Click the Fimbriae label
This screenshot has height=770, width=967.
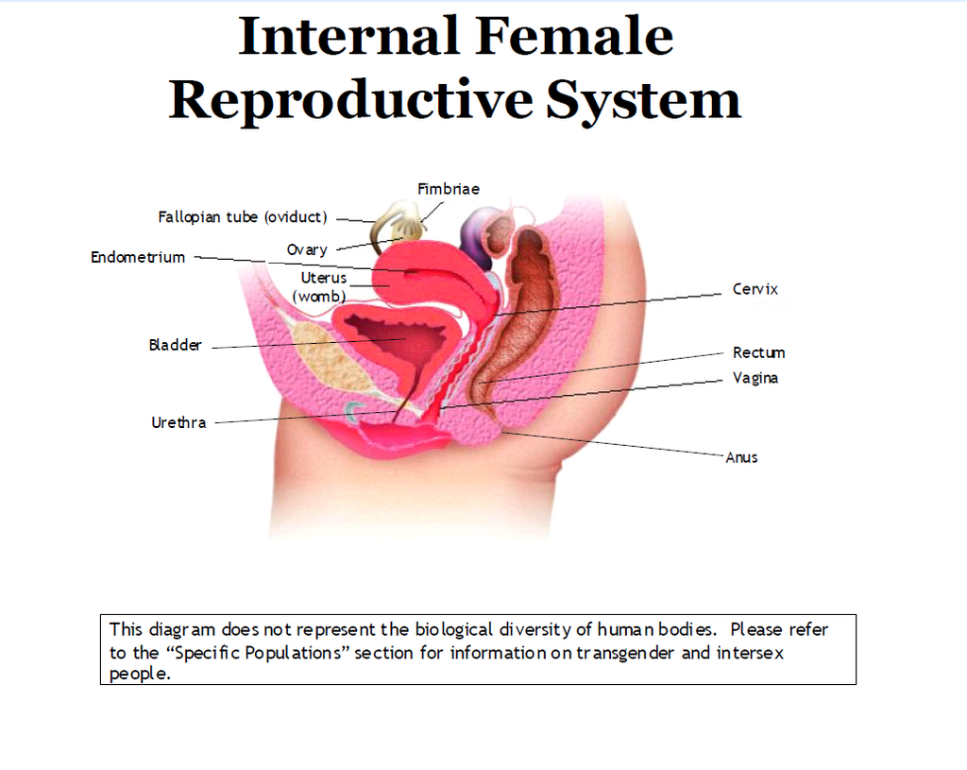pos(449,189)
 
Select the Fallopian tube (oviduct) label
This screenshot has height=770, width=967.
pos(243,217)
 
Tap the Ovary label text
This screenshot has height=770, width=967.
pos(307,249)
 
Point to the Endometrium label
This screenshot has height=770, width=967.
pos(138,257)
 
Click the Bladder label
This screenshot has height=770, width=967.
pos(175,345)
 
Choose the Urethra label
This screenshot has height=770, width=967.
pos(178,422)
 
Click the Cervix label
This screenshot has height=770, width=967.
pos(755,289)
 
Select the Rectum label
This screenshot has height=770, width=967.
pos(758,353)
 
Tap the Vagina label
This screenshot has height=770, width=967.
pos(755,378)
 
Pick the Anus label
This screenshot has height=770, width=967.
pos(741,458)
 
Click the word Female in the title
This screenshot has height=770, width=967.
pos(574,37)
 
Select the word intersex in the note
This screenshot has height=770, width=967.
pos(750,653)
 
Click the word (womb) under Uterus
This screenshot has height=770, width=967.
pos(319,297)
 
